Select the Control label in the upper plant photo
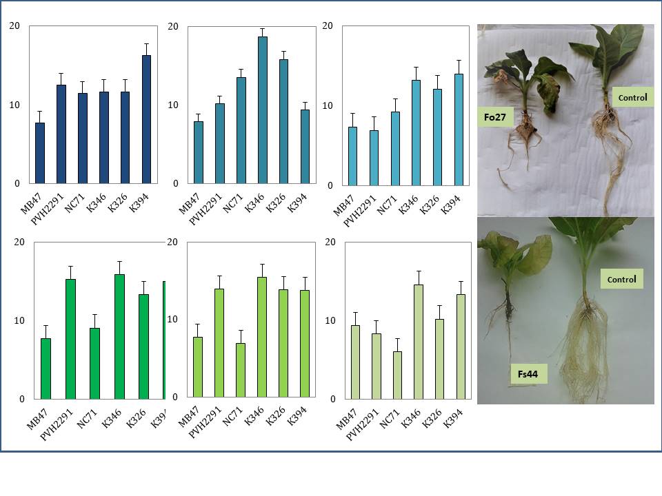tap(632, 97)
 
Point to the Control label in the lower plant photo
tap(621, 280)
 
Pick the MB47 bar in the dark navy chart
tap(40, 153)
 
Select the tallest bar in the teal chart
tap(262, 110)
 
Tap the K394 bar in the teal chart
tap(305, 146)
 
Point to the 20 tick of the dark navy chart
tap(14, 26)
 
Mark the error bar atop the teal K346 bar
tap(262, 32)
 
